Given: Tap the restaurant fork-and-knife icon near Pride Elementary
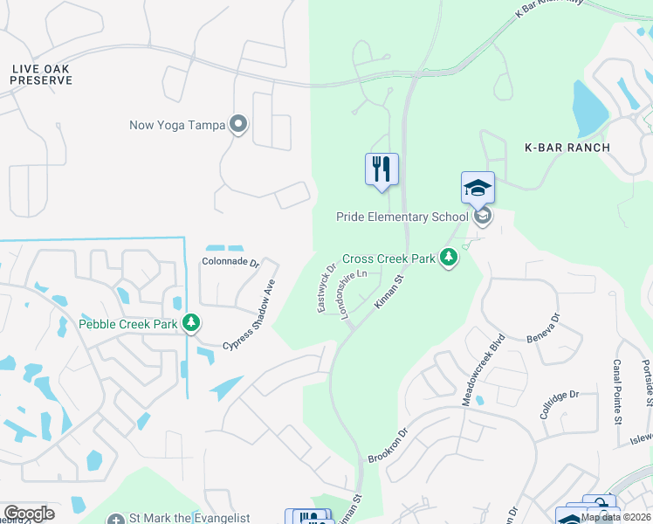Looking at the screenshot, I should [x=381, y=169].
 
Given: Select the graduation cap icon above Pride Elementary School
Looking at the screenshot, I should [x=478, y=187].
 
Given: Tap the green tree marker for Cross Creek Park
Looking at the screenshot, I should [x=449, y=258].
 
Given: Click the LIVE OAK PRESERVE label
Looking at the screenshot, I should [x=41, y=74].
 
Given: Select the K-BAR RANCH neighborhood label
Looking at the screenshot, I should [x=567, y=147].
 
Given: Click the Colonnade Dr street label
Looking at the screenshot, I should [x=230, y=262].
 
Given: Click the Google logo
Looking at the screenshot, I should [x=29, y=514].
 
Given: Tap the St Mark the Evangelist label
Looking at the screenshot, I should [x=189, y=519].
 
